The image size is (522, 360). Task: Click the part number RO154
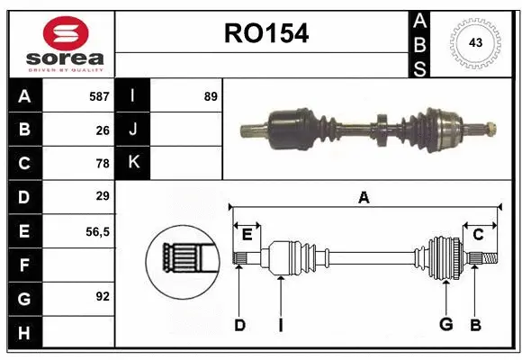(265, 33)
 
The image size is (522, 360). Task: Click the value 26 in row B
(103, 130)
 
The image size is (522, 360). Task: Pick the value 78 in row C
(103, 164)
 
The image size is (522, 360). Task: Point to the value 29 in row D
(103, 196)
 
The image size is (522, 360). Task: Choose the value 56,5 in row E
(97, 231)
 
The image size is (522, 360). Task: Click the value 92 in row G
(103, 296)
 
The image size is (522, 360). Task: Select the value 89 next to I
(211, 95)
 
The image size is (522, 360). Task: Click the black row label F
(24, 265)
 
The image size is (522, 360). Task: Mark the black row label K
(133, 163)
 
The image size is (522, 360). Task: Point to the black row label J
(133, 130)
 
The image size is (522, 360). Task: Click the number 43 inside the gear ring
(473, 42)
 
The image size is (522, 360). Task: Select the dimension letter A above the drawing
(364, 197)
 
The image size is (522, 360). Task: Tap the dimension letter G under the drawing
(445, 325)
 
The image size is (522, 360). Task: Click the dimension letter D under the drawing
(239, 325)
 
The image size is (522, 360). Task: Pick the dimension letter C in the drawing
(478, 235)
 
